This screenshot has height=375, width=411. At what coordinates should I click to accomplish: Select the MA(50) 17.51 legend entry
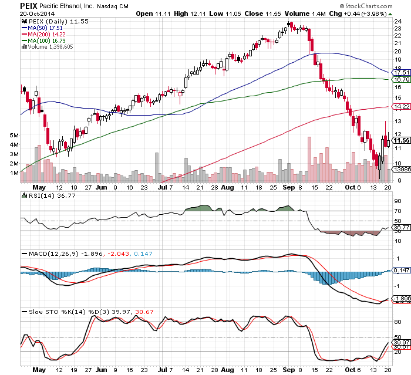[45, 27]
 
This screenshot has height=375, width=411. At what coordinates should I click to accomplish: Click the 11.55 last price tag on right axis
[400, 141]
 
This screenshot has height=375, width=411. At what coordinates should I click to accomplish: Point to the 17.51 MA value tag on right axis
[400, 72]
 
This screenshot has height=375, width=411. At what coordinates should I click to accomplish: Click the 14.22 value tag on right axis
[400, 106]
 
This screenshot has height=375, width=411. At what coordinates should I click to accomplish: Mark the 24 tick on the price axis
[397, 21]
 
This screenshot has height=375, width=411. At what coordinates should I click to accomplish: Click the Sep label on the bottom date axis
[289, 370]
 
